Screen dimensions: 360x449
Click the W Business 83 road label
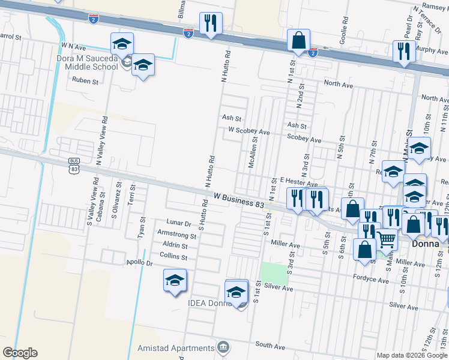(x=238, y=200)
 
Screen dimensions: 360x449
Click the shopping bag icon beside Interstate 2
(x=298, y=41)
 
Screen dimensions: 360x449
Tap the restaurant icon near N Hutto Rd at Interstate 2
(x=211, y=25)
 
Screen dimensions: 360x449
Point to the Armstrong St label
(x=176, y=235)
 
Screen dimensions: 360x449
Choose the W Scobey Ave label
(x=249, y=130)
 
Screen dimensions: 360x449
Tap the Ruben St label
(x=85, y=80)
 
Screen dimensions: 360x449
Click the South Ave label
(x=270, y=346)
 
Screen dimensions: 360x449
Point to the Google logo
(x=19, y=353)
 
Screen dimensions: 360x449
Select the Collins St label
(x=175, y=257)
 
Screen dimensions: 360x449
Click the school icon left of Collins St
(x=175, y=281)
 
